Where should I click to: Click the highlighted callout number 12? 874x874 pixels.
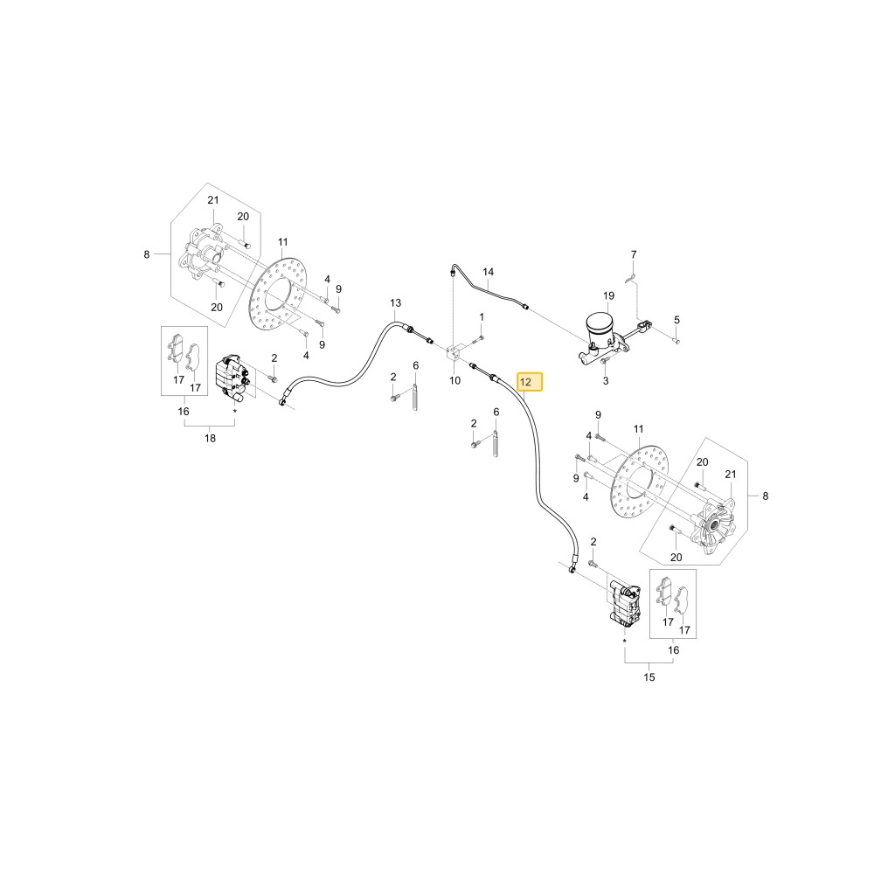click(x=525, y=383)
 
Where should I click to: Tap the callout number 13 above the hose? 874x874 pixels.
click(x=395, y=303)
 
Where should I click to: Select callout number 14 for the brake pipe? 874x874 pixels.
click(x=489, y=272)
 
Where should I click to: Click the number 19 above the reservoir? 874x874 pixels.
click(x=608, y=296)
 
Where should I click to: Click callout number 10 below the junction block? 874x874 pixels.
click(x=454, y=381)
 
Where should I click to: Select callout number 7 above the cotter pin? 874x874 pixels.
click(x=634, y=254)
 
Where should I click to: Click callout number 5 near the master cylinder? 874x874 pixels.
click(x=676, y=321)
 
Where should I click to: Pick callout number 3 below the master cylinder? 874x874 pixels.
click(x=606, y=381)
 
